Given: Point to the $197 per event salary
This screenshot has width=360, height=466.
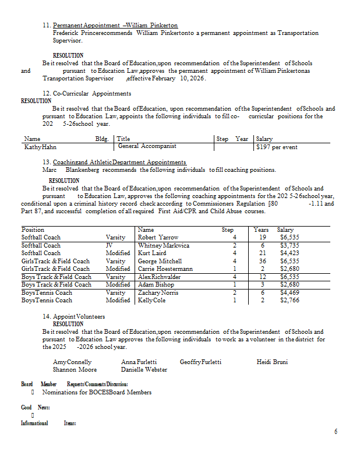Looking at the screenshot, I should click(x=277, y=147).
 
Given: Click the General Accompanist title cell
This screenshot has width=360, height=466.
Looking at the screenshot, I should click(x=147, y=146).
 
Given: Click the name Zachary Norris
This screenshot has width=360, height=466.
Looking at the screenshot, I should click(x=158, y=292).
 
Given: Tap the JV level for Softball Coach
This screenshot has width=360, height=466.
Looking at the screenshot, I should click(x=109, y=245).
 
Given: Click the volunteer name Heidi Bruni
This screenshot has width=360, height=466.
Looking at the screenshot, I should click(x=272, y=362).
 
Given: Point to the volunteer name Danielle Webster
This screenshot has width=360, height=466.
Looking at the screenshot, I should click(x=144, y=369).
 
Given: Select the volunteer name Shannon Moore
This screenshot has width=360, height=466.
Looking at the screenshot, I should click(x=75, y=369).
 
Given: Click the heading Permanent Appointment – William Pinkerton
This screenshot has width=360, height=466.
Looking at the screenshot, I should click(x=115, y=26).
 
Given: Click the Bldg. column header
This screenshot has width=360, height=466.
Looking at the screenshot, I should click(x=102, y=139).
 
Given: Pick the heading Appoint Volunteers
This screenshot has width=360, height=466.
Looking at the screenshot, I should click(x=78, y=316).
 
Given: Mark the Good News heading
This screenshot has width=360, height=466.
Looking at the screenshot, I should click(x=35, y=407).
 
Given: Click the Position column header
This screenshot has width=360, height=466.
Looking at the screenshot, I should click(x=33, y=230).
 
